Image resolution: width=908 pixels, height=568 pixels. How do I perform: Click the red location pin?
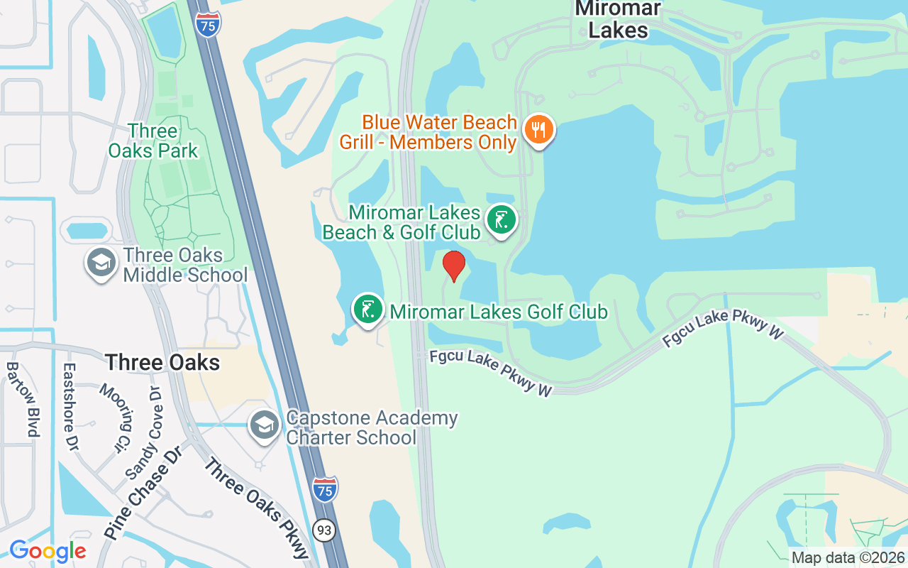(x=454, y=266)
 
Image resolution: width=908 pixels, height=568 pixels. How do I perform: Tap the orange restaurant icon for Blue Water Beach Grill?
(x=539, y=130)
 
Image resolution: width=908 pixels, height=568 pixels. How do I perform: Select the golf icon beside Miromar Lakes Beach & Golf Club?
(x=502, y=220)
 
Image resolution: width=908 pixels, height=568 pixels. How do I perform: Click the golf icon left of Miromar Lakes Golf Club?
(x=368, y=310)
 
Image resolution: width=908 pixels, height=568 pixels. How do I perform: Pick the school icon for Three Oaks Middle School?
(x=101, y=263)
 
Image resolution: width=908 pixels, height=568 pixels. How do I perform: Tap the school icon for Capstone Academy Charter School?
(x=265, y=425)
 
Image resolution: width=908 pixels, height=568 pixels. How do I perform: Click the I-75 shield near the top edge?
(x=209, y=23)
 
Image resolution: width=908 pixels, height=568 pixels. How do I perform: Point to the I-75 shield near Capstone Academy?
(x=324, y=489)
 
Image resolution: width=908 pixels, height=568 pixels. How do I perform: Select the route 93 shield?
(x=325, y=530)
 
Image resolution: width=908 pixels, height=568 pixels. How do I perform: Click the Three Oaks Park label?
(x=153, y=141)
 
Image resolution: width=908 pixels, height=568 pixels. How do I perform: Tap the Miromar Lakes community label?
(x=618, y=19)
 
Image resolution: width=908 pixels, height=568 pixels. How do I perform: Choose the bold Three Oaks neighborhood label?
(x=162, y=363)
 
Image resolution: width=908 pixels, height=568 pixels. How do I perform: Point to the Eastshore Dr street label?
(x=70, y=408)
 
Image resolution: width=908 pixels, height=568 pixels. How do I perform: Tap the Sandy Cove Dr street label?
(x=144, y=432)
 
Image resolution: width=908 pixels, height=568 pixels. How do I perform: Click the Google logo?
(x=48, y=551)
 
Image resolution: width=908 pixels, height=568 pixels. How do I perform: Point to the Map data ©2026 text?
(x=848, y=558)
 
